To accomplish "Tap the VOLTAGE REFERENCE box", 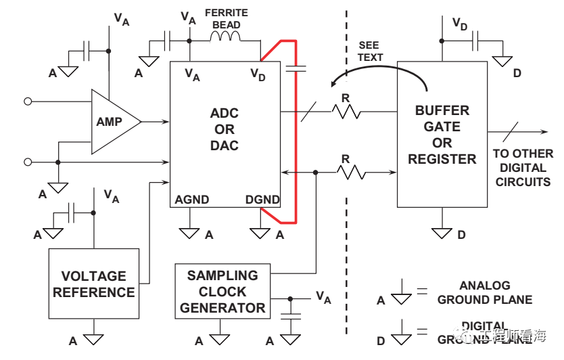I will (94, 284).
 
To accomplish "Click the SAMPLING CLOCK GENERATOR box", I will (222, 292).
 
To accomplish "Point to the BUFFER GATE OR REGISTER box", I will (442, 134).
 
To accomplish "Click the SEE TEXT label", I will (371, 51).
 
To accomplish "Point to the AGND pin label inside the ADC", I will (192, 200).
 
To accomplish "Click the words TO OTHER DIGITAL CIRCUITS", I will (523, 168).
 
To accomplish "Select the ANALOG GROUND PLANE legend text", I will (485, 292).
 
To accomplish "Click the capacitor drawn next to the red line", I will (296, 67).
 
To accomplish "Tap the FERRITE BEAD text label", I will (226, 18).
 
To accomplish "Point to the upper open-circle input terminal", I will (28, 102).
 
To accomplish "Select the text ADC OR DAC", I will (225, 129).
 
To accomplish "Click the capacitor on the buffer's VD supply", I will (477, 41).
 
